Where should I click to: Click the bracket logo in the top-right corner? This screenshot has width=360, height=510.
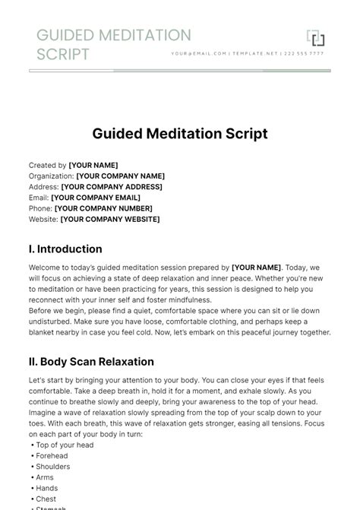[315, 38]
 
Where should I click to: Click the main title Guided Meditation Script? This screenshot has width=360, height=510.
[180, 134]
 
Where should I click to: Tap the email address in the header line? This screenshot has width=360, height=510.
[199, 54]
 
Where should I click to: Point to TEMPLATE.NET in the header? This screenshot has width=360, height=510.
[256, 54]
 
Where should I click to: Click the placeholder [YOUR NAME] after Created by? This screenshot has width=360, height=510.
[93, 165]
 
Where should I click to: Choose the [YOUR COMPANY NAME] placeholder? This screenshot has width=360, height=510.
[120, 176]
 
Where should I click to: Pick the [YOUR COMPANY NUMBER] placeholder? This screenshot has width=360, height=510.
[103, 208]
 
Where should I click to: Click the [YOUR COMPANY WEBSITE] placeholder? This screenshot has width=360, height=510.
[110, 220]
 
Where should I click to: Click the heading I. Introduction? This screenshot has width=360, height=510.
[65, 249]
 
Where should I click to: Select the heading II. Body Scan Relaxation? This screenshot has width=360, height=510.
[91, 362]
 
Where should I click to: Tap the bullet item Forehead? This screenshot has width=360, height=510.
[52, 456]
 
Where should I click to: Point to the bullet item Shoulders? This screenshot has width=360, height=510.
[53, 467]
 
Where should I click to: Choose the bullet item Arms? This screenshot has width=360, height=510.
[46, 477]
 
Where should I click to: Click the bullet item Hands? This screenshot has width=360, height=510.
[48, 489]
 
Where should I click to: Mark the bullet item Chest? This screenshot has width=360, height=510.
[47, 499]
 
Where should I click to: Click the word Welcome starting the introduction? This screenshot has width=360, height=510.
[45, 268]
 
